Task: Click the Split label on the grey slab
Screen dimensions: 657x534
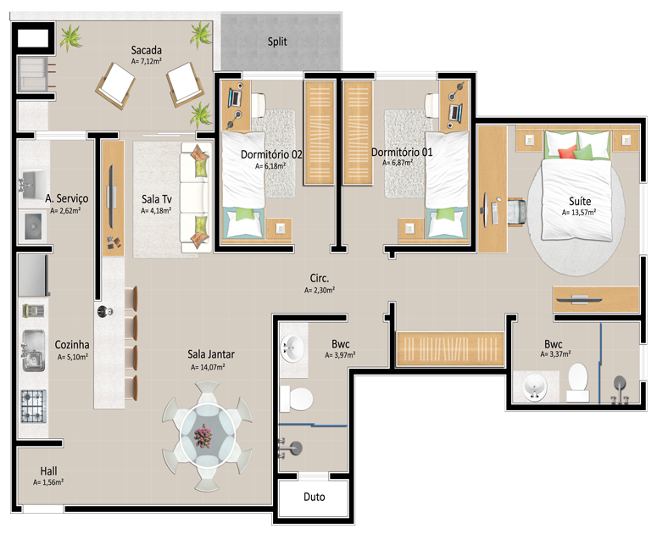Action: coord(277,42)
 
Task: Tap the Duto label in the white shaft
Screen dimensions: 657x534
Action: coord(315,497)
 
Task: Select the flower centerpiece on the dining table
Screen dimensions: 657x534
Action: coord(204,436)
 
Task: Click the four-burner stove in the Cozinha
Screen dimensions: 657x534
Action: coord(34,406)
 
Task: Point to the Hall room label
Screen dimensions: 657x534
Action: coord(48,470)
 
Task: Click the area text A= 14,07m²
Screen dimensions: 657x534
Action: coord(208,367)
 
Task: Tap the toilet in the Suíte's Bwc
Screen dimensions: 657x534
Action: coord(578,383)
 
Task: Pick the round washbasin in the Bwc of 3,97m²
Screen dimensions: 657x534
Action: coord(292,348)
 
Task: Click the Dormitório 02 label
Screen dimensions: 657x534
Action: coord(271,154)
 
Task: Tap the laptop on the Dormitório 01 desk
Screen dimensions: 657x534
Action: coord(455,112)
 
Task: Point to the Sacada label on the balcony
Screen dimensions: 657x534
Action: coord(146,50)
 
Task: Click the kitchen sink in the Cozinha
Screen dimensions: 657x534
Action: coord(34,351)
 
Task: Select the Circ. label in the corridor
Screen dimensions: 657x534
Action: coord(320,278)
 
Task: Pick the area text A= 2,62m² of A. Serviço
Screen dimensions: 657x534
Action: coord(65,211)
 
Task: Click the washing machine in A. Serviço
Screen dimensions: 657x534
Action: coord(33,226)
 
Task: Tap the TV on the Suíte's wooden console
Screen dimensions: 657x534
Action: coord(579,299)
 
